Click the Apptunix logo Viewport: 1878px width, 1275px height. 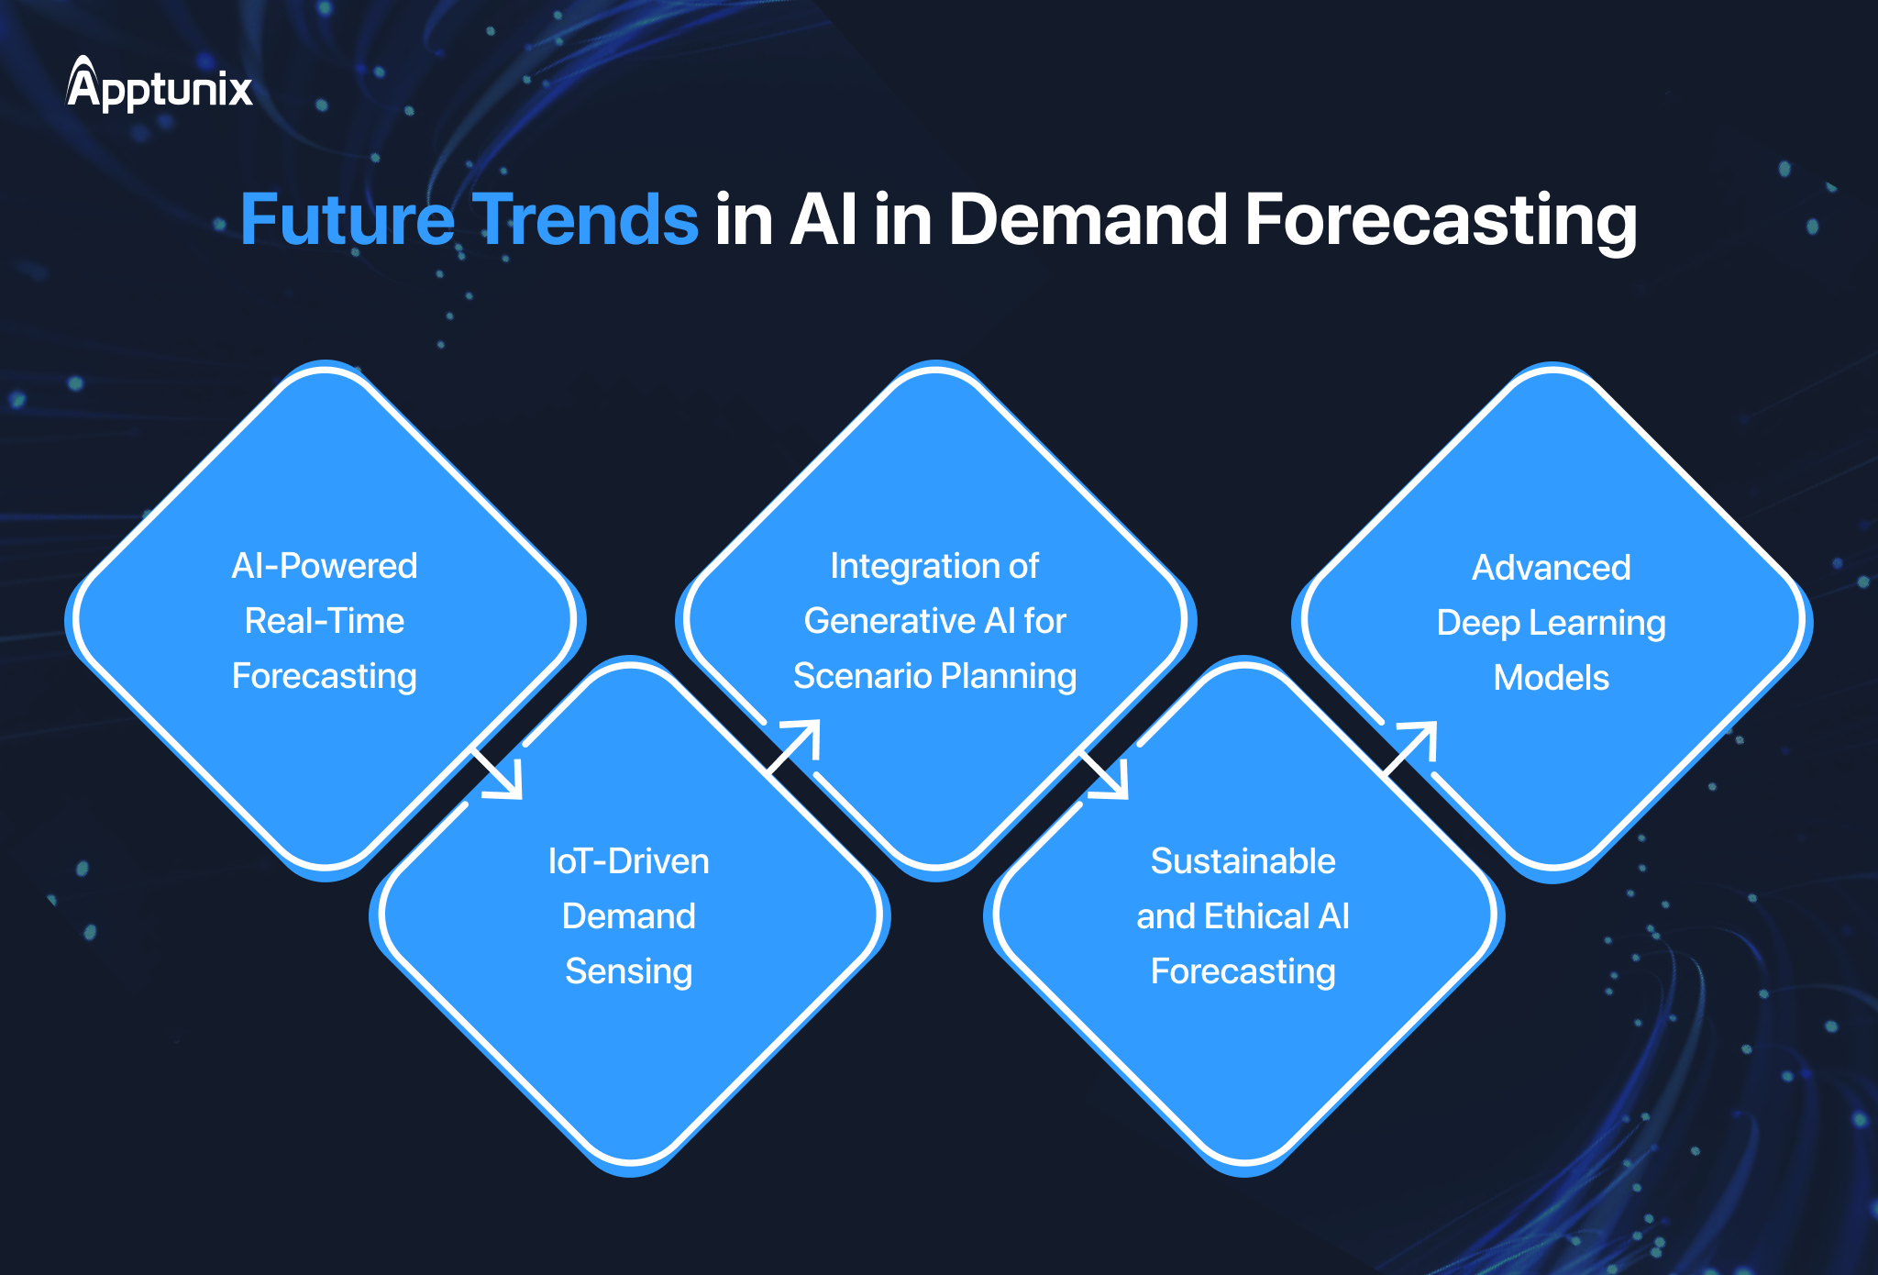coord(160,86)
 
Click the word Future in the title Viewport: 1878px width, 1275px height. coord(347,220)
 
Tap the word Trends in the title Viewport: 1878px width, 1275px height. coord(585,220)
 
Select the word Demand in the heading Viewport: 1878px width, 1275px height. coord(1088,220)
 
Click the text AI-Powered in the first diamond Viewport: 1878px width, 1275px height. coord(325,566)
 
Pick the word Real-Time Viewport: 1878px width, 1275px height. coord(325,621)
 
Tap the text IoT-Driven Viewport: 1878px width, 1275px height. coord(629,861)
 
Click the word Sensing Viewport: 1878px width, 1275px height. coord(629,971)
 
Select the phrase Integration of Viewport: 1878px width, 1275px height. coord(934,566)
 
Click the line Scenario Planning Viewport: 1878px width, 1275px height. coord(934,676)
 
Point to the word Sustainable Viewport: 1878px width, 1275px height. coord(1243,861)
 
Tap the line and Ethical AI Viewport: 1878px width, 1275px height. coord(1243,916)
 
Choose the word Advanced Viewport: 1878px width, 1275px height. coord(1552,568)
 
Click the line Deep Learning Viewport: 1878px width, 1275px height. coord(1552,623)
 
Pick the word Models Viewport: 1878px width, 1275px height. coord(1552,678)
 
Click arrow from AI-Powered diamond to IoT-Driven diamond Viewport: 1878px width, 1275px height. coord(500,775)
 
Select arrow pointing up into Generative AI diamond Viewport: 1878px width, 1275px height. coord(795,744)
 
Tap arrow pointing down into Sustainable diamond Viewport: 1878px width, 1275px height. coord(1106,775)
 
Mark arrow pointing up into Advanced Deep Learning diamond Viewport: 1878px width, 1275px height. coord(1412,746)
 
